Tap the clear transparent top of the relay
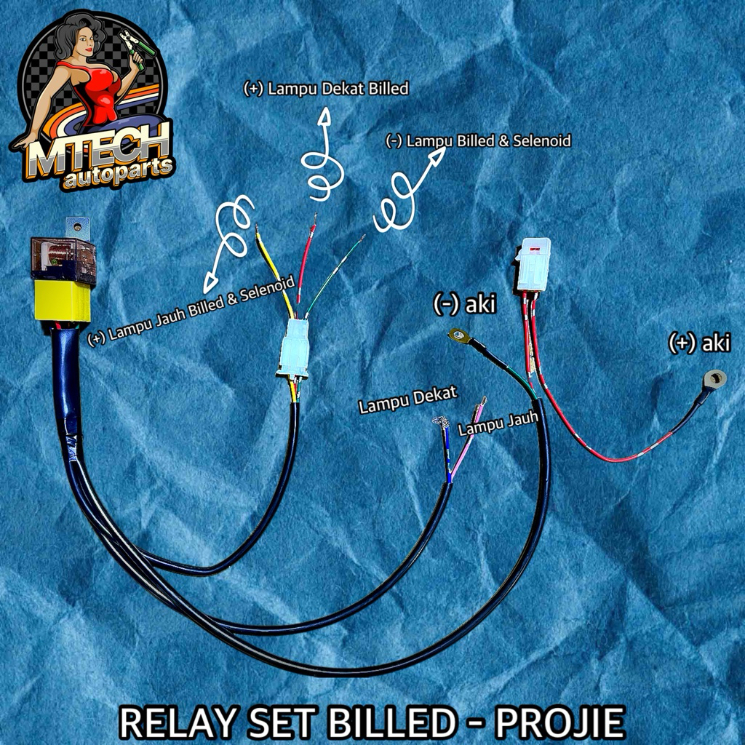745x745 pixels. (63, 259)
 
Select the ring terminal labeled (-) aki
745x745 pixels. (458, 335)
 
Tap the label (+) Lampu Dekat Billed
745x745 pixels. (326, 89)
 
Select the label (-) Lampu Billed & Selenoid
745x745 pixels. (478, 140)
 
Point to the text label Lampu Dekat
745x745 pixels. (407, 399)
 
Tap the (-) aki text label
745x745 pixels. (464, 304)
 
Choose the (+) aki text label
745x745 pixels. (699, 344)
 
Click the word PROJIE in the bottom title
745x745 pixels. (561, 722)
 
